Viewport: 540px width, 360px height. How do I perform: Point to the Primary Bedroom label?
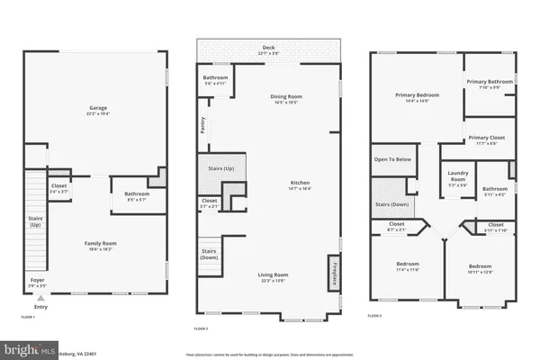coord(416,94)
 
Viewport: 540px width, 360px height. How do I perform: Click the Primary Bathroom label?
coord(489,82)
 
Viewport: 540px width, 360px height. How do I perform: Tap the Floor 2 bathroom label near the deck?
coord(216,77)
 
